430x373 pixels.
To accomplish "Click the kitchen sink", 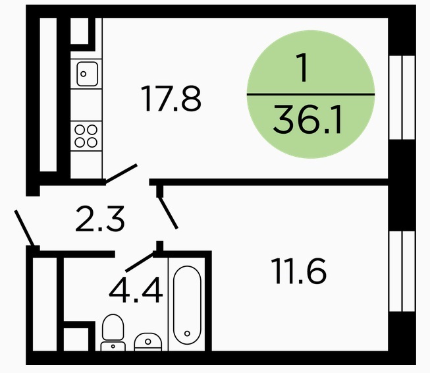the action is (87, 74).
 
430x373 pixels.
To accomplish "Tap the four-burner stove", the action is (86, 136).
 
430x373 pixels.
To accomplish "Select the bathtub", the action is (188, 304).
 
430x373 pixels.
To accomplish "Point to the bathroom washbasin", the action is (148, 342).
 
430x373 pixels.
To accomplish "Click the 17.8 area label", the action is (171, 99).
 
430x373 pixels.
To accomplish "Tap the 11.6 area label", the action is (299, 271).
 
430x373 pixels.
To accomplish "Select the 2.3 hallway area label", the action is (100, 219).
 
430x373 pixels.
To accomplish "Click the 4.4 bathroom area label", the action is (136, 290).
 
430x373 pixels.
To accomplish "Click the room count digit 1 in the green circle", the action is (302, 68).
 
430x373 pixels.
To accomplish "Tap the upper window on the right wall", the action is (402, 98).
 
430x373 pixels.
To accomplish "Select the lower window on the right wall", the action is (402, 272).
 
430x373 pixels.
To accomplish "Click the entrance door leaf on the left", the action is (24, 228).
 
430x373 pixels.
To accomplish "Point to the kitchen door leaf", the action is (121, 173).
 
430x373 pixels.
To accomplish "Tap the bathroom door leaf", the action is (140, 262).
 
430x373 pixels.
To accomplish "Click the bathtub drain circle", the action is (187, 333).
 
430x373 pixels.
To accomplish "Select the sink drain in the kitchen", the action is (84, 74).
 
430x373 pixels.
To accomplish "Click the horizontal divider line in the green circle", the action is (311, 94).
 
